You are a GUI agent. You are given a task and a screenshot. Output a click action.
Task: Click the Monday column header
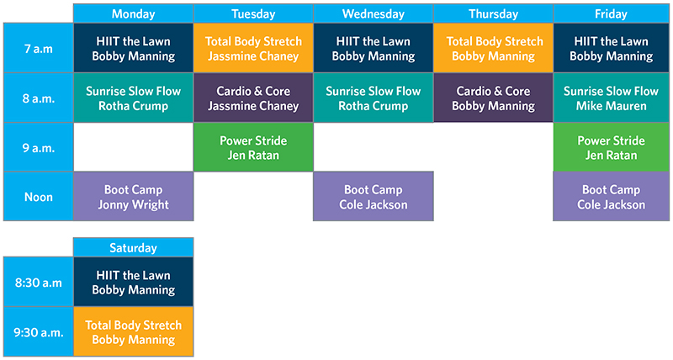click(133, 13)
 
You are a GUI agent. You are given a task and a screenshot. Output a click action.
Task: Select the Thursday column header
click(493, 13)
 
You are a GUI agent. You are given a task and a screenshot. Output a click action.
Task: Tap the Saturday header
click(133, 248)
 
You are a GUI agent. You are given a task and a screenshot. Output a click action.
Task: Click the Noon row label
click(38, 197)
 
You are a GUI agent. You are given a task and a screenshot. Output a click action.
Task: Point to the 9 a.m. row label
click(38, 147)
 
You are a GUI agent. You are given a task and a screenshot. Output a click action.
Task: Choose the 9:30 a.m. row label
click(38, 331)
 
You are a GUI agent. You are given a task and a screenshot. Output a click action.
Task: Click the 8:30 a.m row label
click(38, 283)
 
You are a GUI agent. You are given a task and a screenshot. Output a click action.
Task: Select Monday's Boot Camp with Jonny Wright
click(133, 197)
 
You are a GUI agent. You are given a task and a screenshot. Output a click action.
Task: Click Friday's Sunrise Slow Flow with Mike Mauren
click(612, 98)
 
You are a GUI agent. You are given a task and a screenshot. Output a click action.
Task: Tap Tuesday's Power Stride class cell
click(253, 147)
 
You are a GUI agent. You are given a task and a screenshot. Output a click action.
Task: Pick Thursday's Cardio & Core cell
click(493, 98)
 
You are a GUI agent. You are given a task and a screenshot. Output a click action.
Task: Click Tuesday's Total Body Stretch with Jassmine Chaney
click(253, 49)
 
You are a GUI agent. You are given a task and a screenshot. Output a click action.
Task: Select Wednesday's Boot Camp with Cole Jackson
click(374, 197)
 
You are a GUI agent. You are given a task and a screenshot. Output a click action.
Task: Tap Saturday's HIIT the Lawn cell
click(133, 283)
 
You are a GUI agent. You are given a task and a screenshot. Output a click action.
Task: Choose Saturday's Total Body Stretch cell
click(133, 331)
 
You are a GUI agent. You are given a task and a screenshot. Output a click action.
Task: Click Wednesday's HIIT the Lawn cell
click(374, 49)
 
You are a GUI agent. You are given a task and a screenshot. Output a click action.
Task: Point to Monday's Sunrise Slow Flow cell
click(133, 98)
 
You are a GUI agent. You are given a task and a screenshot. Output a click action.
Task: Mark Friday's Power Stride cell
click(612, 147)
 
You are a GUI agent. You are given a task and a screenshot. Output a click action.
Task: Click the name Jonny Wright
click(133, 205)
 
